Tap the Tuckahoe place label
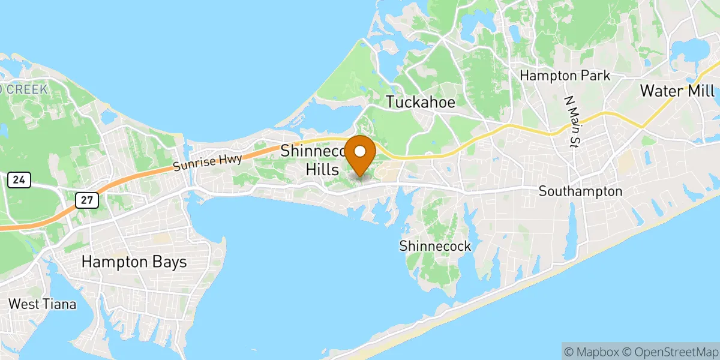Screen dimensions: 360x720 420,102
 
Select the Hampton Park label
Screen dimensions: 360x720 565,76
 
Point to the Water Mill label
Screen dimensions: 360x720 677,91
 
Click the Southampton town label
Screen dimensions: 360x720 580,192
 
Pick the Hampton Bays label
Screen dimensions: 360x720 134,262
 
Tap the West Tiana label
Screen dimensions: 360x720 42,304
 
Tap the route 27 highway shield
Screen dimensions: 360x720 88,200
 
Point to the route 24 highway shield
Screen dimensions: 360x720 19,179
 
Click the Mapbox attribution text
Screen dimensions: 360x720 591,351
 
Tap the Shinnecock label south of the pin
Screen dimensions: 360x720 435,246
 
